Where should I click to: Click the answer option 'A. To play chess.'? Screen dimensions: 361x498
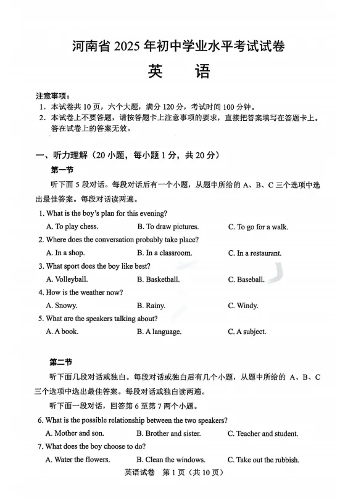tap(72, 227)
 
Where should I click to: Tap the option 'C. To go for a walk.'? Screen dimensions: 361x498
tap(258, 227)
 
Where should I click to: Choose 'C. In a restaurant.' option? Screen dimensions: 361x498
tap(255, 253)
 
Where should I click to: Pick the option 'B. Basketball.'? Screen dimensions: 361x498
tap(158, 280)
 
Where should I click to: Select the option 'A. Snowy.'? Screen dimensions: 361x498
tap(62, 306)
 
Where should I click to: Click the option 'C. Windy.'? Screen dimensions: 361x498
tap(243, 306)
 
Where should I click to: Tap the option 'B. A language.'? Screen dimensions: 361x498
tap(159, 332)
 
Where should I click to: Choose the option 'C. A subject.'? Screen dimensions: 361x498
tap(247, 332)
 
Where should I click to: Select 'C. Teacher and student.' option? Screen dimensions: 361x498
tap(263, 434)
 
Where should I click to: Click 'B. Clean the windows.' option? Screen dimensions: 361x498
tap(171, 460)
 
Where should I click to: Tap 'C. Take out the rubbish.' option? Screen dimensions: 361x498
tap(263, 460)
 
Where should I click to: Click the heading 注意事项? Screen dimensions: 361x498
tap(53, 96)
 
